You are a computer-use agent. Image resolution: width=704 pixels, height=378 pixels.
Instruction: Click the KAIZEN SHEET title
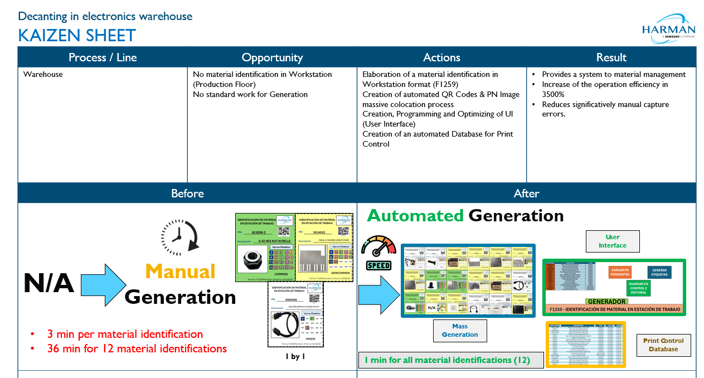pyautogui.click(x=77, y=36)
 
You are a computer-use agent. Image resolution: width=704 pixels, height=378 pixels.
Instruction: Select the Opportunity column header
pyautogui.click(x=272, y=57)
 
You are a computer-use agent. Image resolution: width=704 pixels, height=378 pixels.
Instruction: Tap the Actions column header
pyautogui.click(x=441, y=57)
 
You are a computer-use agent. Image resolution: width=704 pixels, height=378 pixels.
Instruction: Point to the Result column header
pyautogui.click(x=611, y=57)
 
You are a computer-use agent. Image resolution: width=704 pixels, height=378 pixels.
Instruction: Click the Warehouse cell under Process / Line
pyautogui.click(x=43, y=74)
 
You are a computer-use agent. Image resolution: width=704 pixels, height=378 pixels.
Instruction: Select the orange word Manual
pyautogui.click(x=180, y=272)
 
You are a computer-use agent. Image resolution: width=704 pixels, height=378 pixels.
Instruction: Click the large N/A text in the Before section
pyautogui.click(x=48, y=284)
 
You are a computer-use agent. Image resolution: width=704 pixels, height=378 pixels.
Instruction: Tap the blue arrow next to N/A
pyautogui.click(x=104, y=285)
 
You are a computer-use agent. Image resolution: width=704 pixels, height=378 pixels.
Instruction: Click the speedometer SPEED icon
pyautogui.click(x=378, y=253)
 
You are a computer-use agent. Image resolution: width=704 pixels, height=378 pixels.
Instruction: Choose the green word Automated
pyautogui.click(x=415, y=216)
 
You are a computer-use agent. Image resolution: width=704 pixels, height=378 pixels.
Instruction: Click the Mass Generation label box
pyautogui.click(x=460, y=331)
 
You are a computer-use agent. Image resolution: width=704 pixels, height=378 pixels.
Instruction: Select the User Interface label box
pyautogui.click(x=612, y=241)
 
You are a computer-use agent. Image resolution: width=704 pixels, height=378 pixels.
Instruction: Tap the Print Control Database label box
pyautogui.click(x=663, y=345)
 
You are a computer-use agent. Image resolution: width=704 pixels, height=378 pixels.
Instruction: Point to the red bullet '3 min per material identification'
pyautogui.click(x=124, y=334)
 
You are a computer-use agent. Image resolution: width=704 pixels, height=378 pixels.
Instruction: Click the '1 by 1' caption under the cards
pyautogui.click(x=295, y=357)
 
